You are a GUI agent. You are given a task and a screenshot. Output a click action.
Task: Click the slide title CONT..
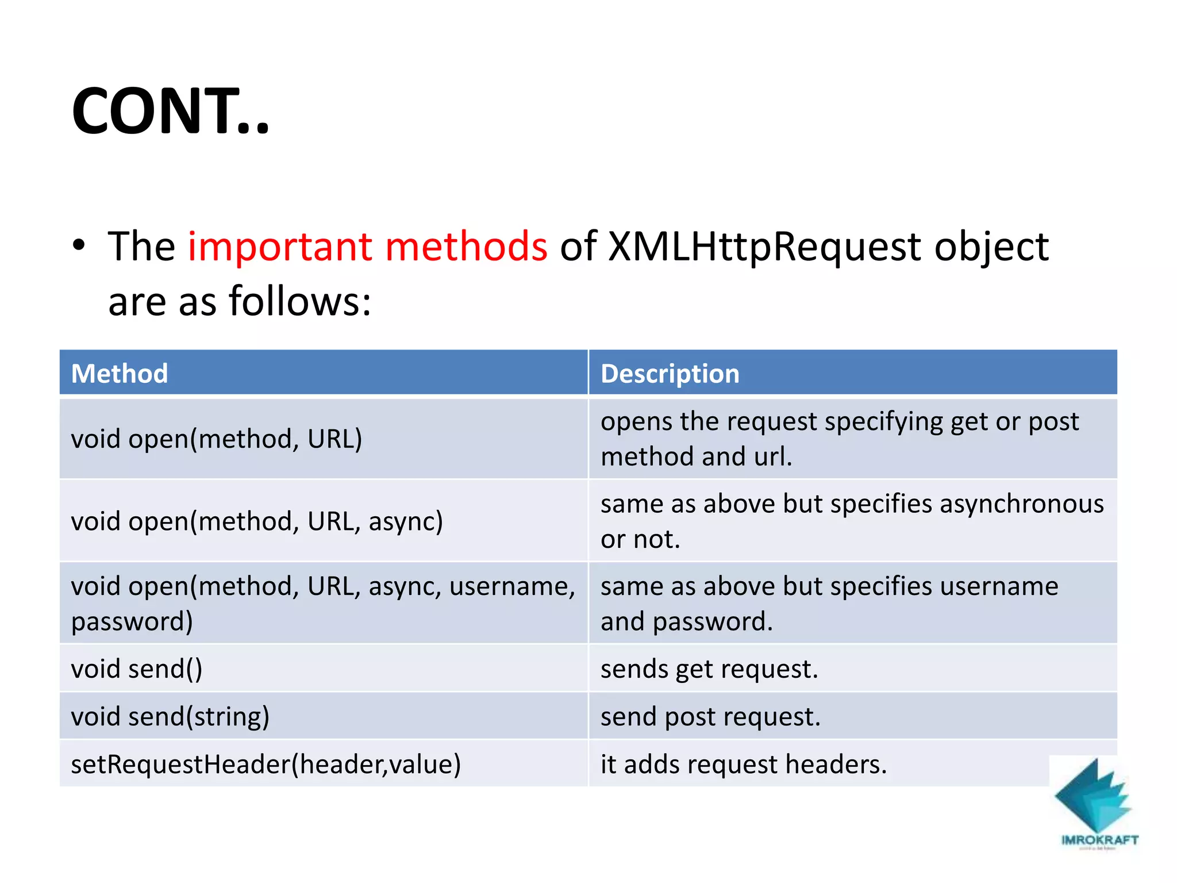(170, 111)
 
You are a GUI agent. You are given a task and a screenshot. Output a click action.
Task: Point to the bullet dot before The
(79, 246)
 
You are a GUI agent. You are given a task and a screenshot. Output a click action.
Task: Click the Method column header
(120, 374)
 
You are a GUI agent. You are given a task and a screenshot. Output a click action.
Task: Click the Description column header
(670, 374)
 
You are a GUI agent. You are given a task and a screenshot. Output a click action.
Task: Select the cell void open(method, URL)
(216, 439)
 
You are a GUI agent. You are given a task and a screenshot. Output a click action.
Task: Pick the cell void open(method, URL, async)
(257, 521)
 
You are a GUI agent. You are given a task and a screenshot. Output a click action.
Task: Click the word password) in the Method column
(132, 622)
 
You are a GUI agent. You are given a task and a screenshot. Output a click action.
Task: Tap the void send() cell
(137, 669)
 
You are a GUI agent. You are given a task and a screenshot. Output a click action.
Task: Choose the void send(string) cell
(170, 717)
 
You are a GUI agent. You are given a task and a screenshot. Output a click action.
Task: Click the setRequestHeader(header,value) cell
(266, 765)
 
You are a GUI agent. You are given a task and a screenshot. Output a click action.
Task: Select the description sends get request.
(709, 669)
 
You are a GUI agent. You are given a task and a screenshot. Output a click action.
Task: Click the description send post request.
(710, 717)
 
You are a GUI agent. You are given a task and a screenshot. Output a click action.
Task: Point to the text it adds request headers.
(743, 765)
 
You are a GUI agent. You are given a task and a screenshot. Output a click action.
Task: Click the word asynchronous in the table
(1021, 504)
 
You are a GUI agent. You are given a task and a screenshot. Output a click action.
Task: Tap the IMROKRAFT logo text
(1099, 840)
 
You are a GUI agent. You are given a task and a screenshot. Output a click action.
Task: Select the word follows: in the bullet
(300, 301)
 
